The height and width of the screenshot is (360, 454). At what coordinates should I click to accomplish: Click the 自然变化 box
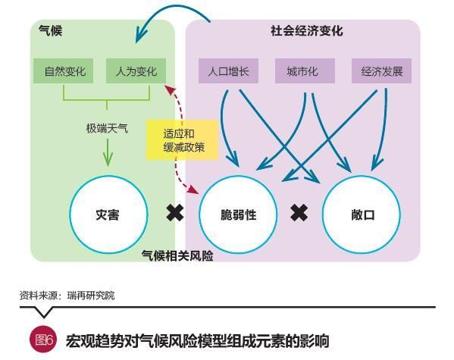[63, 71]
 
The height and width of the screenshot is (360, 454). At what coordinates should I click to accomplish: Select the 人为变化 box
[136, 71]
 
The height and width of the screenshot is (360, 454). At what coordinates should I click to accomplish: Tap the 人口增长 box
[228, 71]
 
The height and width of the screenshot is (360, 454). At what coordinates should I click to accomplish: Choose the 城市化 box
[305, 71]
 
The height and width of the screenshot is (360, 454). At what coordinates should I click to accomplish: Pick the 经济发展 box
[381, 71]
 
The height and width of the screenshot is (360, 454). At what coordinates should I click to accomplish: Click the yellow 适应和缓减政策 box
[182, 140]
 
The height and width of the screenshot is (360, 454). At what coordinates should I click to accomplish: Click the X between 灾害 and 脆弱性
[175, 213]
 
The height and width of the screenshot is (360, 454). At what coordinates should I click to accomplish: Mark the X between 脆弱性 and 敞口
[299, 213]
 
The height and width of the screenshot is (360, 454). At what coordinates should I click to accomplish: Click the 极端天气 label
[107, 128]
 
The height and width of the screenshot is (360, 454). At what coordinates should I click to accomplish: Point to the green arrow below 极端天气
[108, 152]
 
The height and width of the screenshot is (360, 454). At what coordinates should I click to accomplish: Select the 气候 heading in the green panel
[51, 31]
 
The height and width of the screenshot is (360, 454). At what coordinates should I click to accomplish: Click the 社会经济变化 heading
[307, 31]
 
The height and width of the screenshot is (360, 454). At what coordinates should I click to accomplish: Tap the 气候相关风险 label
[177, 255]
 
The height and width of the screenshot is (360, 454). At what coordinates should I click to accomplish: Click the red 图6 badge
[44, 340]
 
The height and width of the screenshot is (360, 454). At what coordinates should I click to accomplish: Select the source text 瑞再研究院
[91, 296]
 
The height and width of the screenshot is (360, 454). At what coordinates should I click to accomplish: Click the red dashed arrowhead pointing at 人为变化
[170, 89]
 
